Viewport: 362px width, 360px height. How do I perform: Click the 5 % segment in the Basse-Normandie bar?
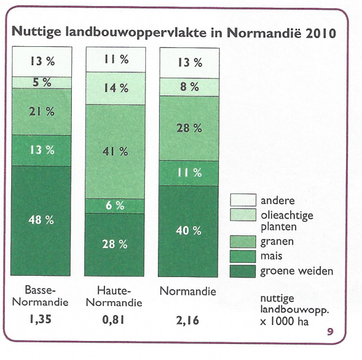40,82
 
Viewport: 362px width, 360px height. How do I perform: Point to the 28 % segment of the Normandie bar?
188,128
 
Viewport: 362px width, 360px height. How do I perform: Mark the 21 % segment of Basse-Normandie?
40,111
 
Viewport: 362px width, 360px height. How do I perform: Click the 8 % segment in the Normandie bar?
188,86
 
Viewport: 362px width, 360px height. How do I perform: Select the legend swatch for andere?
243,200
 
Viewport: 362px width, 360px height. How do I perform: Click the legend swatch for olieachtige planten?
243,216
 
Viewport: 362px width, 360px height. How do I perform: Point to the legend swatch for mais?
243,257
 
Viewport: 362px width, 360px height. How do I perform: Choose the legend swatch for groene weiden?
243,271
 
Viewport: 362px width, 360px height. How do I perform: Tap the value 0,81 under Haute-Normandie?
115,321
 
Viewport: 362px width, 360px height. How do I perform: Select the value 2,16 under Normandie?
188,321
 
